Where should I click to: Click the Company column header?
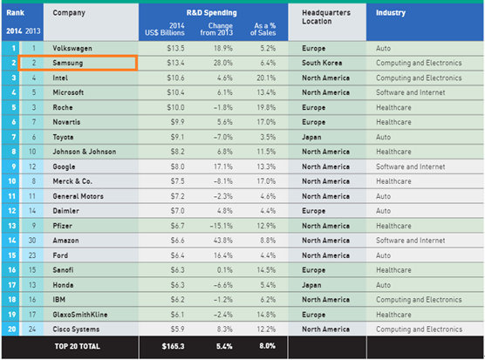pyautogui.click(x=69, y=13)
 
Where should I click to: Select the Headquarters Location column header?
pyautogui.click(x=326, y=17)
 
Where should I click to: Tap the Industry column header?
pyautogui.click(x=390, y=13)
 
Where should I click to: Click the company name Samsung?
pyautogui.click(x=68, y=63)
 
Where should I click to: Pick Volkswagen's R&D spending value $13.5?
pyautogui.click(x=175, y=48)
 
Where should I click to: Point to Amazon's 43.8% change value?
pyautogui.click(x=222, y=241)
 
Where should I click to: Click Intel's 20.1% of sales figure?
pyautogui.click(x=266, y=78)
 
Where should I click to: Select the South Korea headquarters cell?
pyautogui.click(x=322, y=63)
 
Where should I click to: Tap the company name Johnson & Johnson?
pyautogui.click(x=84, y=152)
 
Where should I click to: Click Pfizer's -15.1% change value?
pyautogui.click(x=221, y=226)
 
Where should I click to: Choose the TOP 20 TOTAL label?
pyautogui.click(x=77, y=346)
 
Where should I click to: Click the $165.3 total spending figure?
pyautogui.click(x=173, y=346)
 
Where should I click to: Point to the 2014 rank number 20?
pyautogui.click(x=11, y=329)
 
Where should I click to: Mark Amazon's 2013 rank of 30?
pyautogui.click(x=32, y=241)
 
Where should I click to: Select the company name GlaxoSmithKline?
pyautogui.click(x=80, y=315)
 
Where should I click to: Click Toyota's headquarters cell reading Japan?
pyautogui.click(x=311, y=137)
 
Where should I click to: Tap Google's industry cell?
pyautogui.click(x=411, y=166)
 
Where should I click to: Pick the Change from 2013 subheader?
pyautogui.click(x=216, y=29)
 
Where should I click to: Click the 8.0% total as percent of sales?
pyautogui.click(x=267, y=346)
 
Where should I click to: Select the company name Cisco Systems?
pyautogui.click(x=76, y=329)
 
